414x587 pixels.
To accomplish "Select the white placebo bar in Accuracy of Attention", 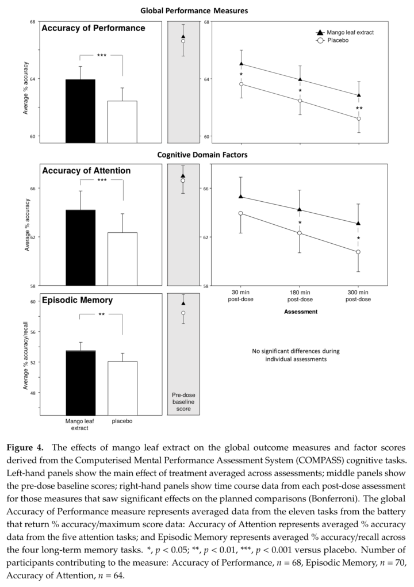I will (122, 259).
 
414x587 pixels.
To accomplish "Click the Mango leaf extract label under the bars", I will (80, 424).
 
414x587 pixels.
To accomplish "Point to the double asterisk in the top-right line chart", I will (359, 109).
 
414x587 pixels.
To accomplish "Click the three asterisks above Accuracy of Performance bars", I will (101, 56).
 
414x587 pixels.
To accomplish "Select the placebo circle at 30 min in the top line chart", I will (241, 85).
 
